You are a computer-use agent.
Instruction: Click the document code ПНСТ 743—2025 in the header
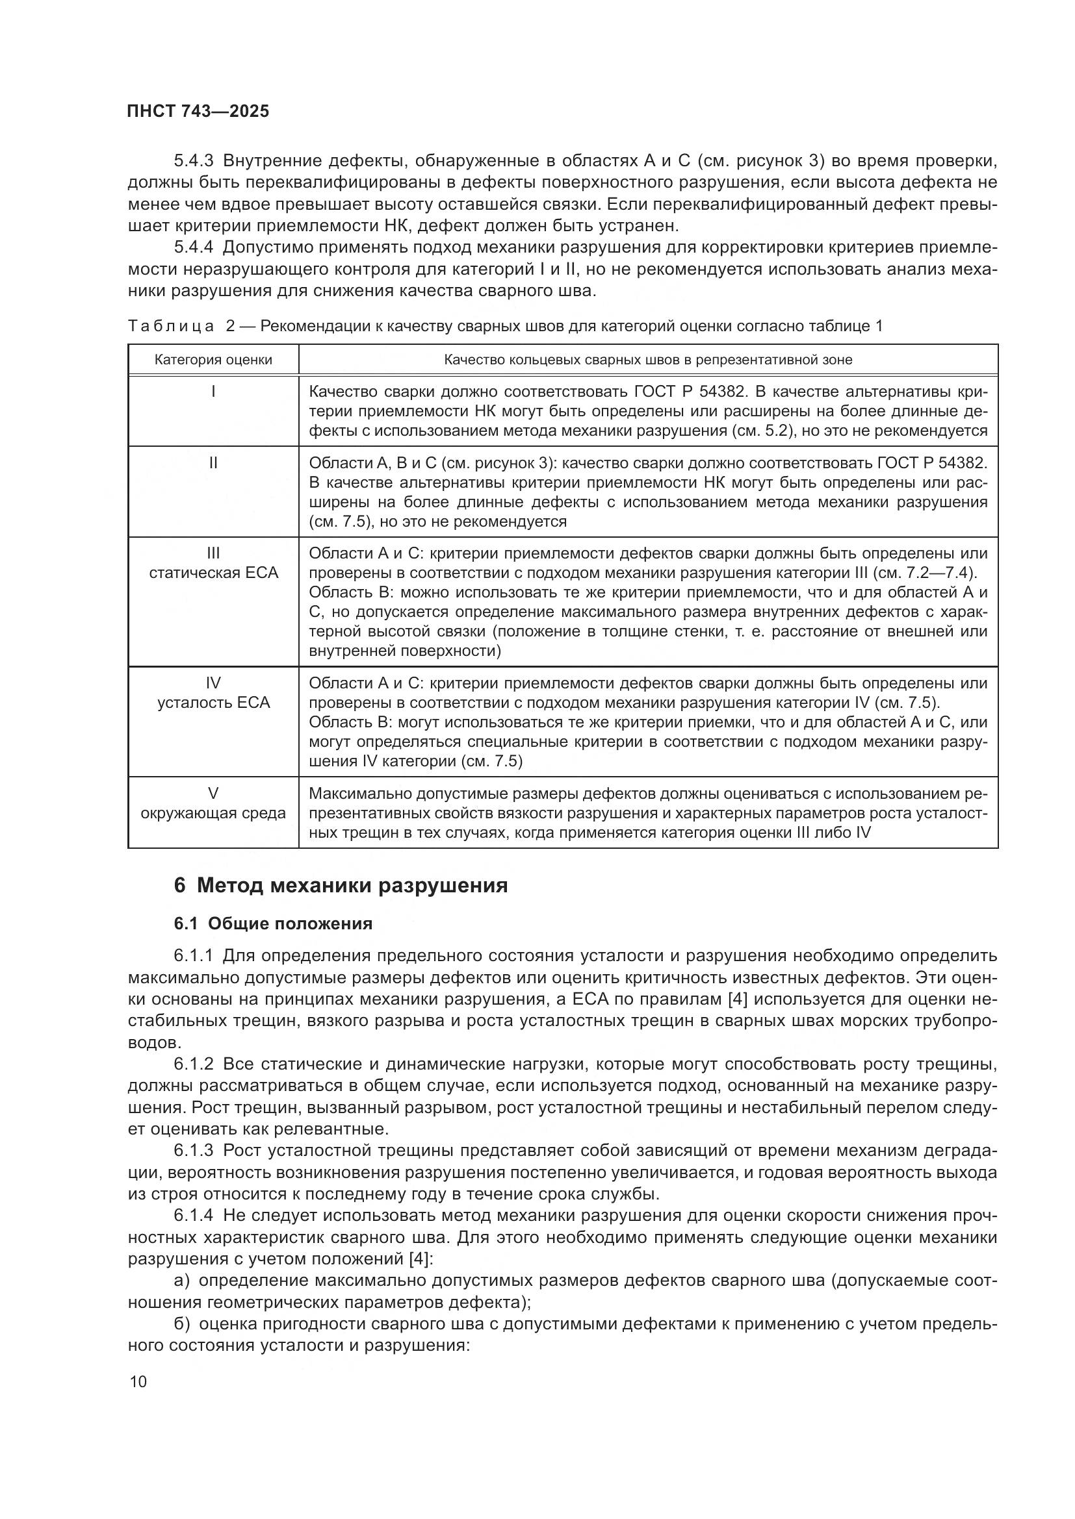(x=198, y=111)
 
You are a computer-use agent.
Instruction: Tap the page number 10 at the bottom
(x=138, y=1381)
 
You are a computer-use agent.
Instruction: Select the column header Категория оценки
(x=213, y=360)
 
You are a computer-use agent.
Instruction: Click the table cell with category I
(x=213, y=392)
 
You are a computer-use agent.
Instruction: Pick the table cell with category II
(x=213, y=462)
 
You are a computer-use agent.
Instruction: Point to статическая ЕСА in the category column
(x=213, y=572)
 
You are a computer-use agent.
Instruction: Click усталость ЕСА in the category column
(x=213, y=702)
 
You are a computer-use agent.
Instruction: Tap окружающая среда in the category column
(x=213, y=812)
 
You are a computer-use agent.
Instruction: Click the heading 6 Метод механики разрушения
(x=341, y=885)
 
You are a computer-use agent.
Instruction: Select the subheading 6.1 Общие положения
(x=274, y=923)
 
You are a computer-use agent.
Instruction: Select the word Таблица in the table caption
(x=171, y=326)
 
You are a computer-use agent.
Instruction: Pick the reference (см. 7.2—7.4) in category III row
(x=926, y=572)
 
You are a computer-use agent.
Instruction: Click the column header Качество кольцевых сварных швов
(x=647, y=360)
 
